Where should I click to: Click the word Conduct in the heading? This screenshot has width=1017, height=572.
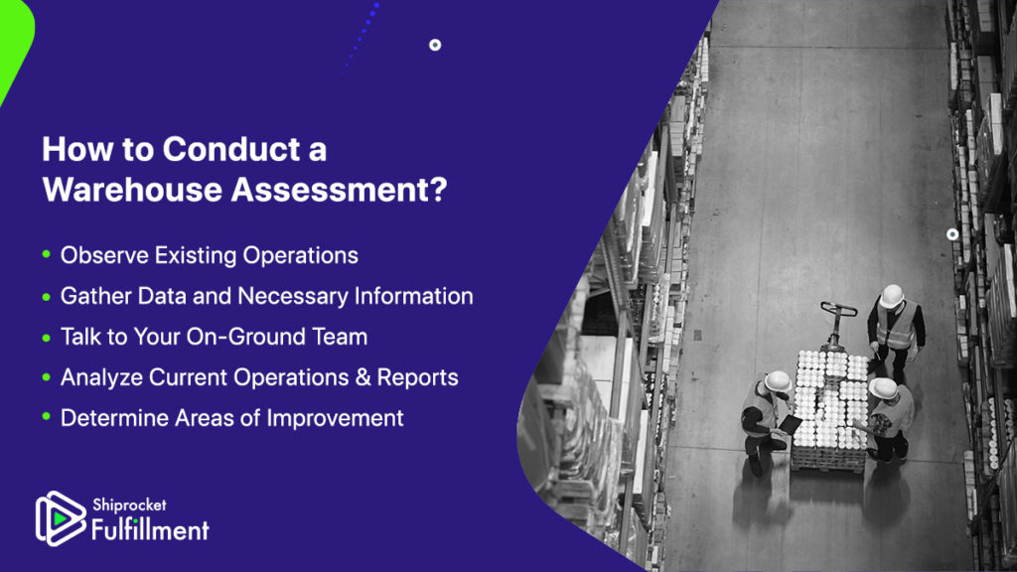[x=231, y=149]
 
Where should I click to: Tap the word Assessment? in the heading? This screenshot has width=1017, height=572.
[x=340, y=190]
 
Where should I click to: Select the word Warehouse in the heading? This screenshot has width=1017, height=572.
[x=133, y=190]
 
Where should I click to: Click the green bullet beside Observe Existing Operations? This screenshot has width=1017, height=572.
[x=46, y=254]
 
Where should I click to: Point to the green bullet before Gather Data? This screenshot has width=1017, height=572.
[x=46, y=296]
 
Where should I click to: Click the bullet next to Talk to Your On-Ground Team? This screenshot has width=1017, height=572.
[x=46, y=338]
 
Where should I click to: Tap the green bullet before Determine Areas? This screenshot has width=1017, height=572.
[x=46, y=417]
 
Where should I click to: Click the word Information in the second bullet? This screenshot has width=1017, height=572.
[x=414, y=296]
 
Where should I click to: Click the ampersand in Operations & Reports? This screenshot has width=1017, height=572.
[x=363, y=377]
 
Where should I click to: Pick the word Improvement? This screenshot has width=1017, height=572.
[x=336, y=418]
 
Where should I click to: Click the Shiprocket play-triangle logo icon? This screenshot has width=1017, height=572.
[x=60, y=518]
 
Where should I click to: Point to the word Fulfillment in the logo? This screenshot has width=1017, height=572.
[x=150, y=529]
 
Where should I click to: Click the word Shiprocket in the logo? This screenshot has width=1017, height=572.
[x=129, y=504]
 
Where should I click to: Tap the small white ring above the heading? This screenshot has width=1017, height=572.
[x=435, y=45]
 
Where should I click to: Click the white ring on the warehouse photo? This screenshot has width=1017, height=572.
[x=952, y=234]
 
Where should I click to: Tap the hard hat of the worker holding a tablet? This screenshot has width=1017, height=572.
[x=777, y=382]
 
